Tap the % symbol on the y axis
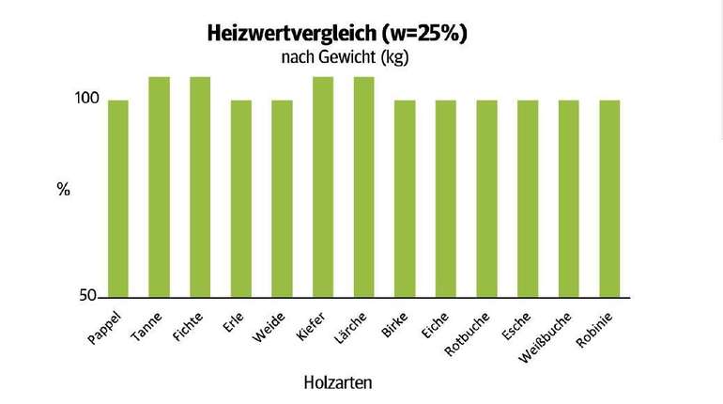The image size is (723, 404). (64, 189)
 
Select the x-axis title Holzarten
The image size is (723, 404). (339, 383)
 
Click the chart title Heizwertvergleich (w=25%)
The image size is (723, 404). (337, 34)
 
